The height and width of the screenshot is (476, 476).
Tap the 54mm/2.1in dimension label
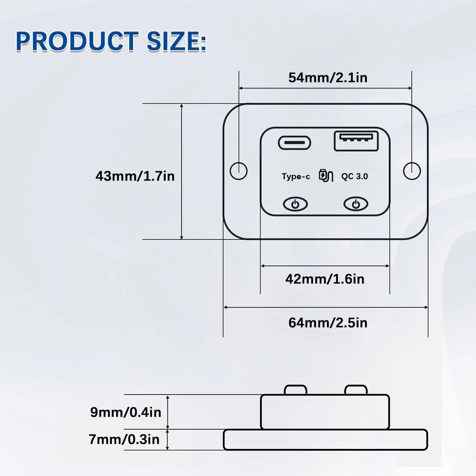[328, 78]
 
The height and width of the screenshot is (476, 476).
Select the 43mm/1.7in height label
[135, 176]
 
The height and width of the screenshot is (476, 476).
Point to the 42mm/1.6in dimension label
[325, 279]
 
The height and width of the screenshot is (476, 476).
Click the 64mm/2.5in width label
[328, 323]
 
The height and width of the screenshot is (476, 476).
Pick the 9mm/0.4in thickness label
[126, 412]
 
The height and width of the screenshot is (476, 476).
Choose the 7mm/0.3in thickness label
[124, 439]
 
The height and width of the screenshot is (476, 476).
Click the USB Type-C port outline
[295, 136]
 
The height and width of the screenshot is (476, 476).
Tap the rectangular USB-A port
[356, 141]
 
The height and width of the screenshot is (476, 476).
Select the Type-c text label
[296, 177]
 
